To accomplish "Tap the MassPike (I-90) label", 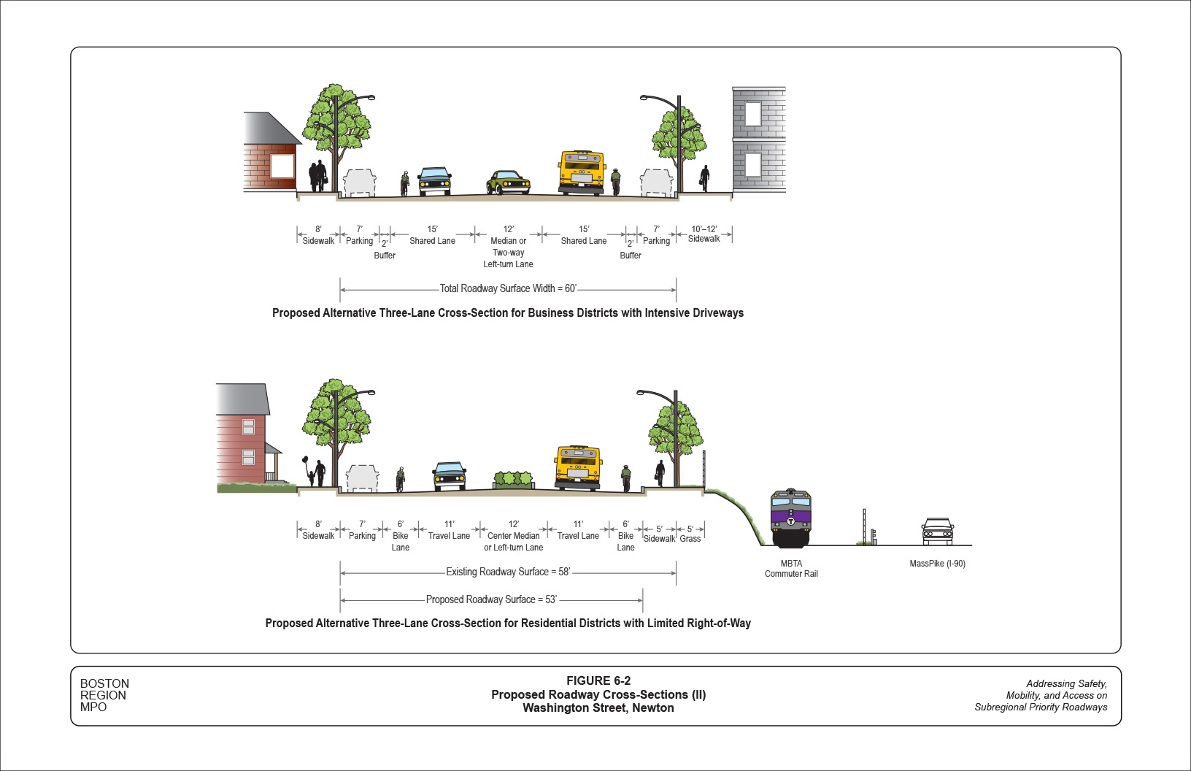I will click(937, 564).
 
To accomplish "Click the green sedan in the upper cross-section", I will click(508, 183).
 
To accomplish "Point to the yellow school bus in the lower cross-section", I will click(577, 467).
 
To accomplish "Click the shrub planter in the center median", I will click(514, 480).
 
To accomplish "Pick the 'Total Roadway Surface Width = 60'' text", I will click(508, 288).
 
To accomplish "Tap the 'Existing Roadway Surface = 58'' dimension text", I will click(508, 572).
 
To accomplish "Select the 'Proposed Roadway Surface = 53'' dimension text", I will click(491, 599).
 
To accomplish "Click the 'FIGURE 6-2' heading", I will click(598, 680).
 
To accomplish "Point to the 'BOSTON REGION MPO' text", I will click(104, 695).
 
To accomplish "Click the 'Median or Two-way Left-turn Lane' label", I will click(508, 252).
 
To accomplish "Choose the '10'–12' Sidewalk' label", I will click(704, 234).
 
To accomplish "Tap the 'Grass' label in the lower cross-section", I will click(690, 539).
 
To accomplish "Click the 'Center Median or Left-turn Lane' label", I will click(514, 541).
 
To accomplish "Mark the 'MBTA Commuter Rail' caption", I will click(791, 569).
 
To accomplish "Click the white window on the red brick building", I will click(282, 166).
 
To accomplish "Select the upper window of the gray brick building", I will click(752, 113).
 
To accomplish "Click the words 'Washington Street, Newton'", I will click(598, 708).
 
